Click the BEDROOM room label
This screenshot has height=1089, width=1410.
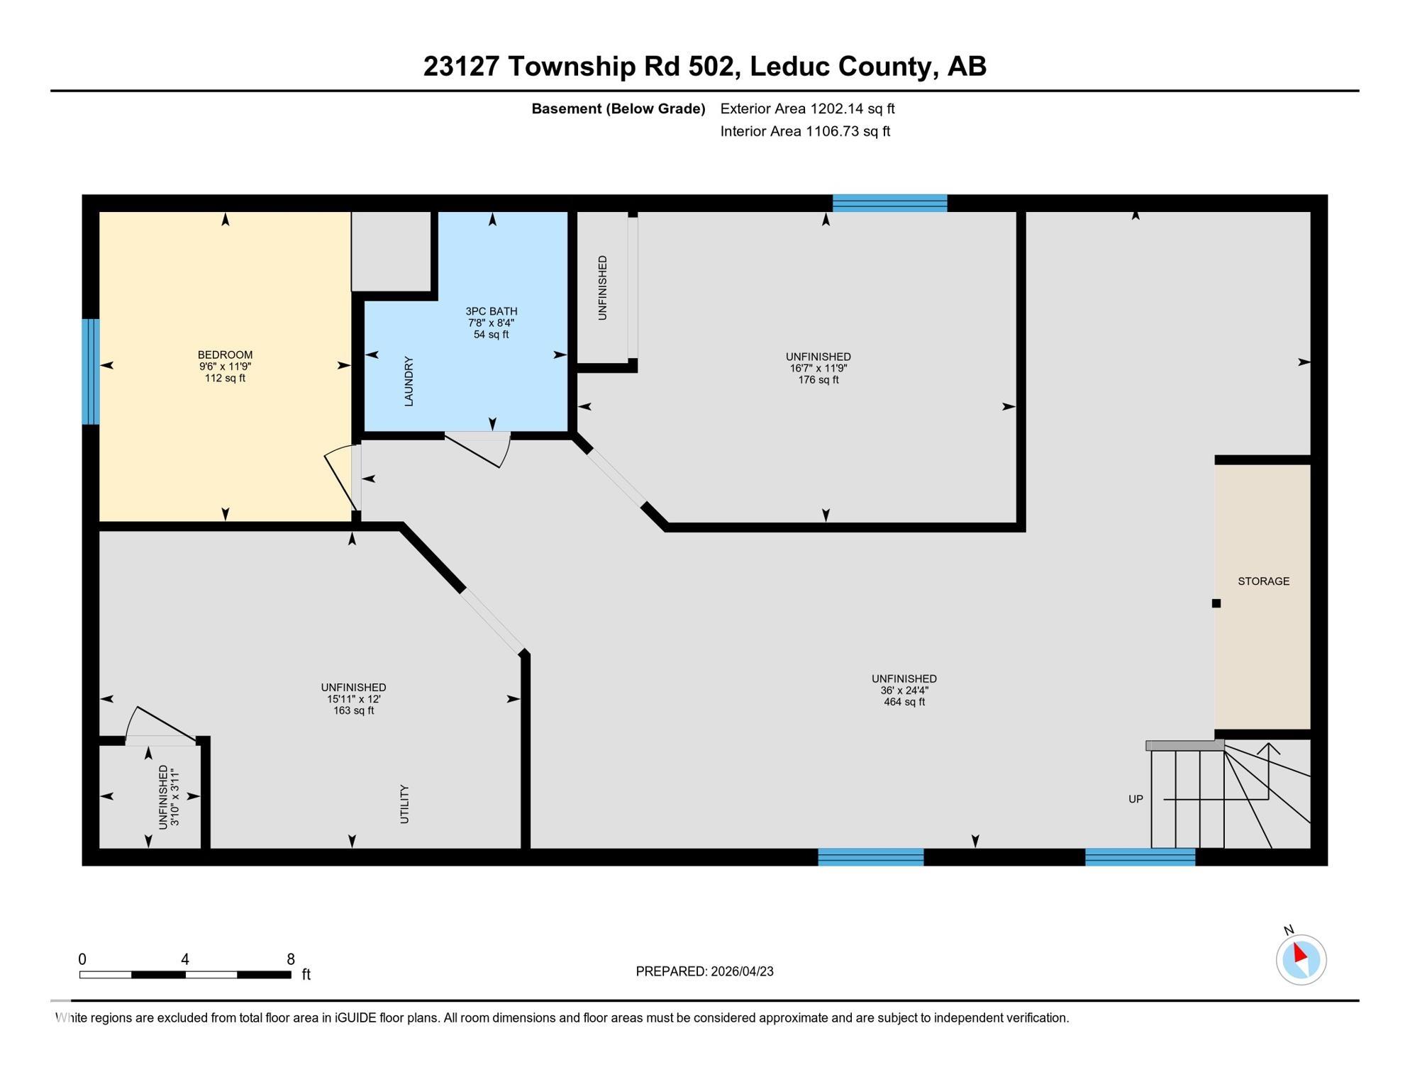click(225, 354)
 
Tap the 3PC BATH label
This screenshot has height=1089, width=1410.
click(491, 311)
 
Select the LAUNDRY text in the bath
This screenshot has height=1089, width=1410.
click(409, 381)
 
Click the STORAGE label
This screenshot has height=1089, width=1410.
click(1263, 581)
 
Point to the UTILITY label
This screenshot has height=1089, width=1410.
click(404, 804)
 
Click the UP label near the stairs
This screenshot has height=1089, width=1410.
click(1136, 799)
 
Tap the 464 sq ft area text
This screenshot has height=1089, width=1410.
click(904, 702)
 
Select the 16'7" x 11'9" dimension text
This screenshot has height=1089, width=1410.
click(818, 368)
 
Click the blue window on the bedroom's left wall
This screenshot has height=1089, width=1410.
click(90, 372)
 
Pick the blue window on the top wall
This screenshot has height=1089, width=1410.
click(889, 203)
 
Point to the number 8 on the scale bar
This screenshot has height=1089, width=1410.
click(291, 959)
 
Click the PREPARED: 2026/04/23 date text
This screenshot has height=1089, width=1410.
click(704, 971)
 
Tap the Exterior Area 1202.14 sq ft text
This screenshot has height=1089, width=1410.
click(807, 108)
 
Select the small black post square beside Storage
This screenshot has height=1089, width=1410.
click(1216, 603)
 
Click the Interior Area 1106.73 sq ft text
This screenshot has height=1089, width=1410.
click(805, 131)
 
